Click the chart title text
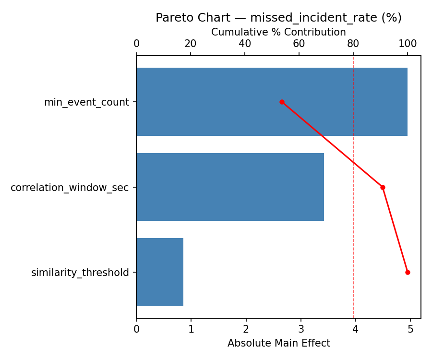278,18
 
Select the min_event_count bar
272,102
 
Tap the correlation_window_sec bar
230,187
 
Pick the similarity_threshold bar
160,272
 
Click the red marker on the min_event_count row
282,102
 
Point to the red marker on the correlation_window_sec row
383,187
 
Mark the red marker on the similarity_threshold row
408,272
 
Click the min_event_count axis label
86,102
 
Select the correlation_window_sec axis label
70,188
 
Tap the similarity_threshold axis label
80,273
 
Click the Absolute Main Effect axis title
278,343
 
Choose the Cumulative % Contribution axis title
278,32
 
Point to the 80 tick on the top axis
353,44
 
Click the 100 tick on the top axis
408,44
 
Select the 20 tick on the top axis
191,44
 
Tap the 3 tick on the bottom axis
301,329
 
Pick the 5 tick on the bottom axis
410,329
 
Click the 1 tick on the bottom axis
191,329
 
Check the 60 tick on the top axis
299,44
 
